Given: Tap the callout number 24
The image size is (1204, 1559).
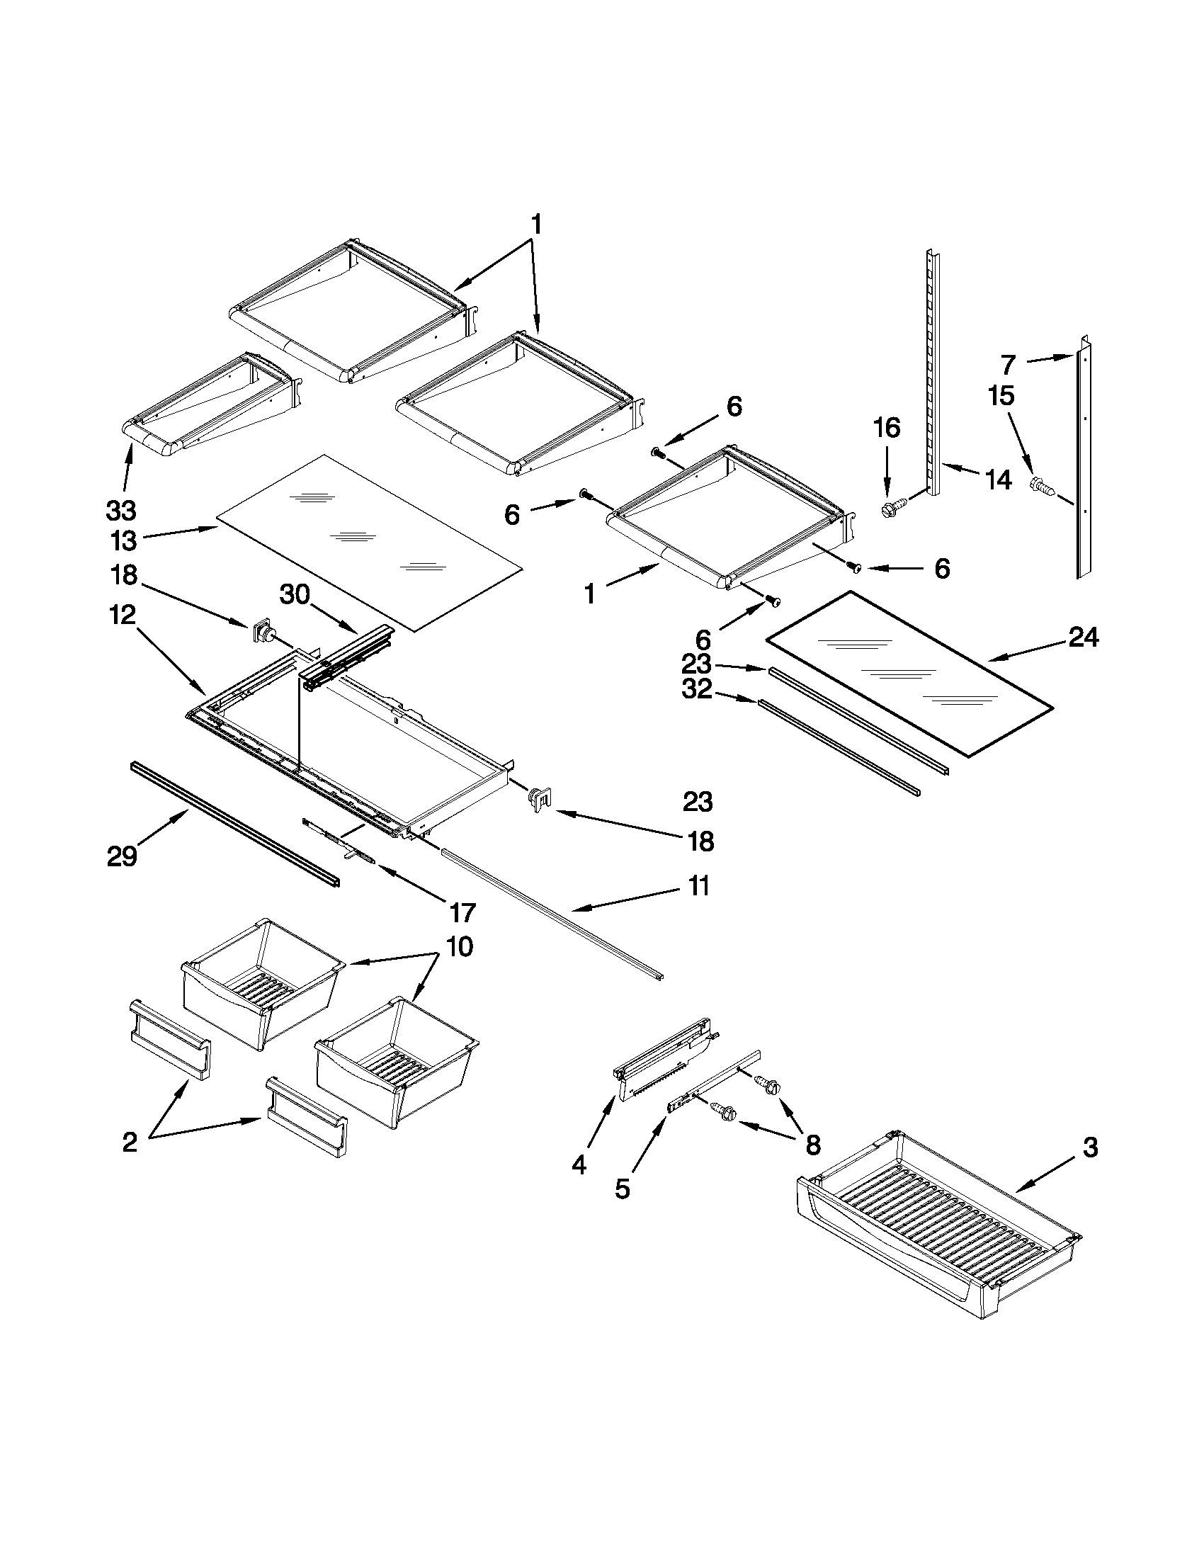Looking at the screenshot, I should [x=1083, y=637].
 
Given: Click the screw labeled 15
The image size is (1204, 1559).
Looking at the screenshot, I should [x=1043, y=486].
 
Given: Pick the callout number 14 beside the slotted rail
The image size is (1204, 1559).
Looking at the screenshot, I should [x=997, y=480].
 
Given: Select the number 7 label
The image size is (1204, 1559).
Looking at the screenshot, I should [x=1007, y=365].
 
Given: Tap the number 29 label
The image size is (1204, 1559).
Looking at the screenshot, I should [x=121, y=855].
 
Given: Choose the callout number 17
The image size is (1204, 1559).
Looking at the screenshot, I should [x=462, y=912].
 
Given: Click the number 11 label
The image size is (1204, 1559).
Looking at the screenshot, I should [x=699, y=886].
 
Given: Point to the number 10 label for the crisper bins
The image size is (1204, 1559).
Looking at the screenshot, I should [x=460, y=947].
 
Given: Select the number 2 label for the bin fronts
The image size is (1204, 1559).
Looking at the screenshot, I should [x=129, y=1142].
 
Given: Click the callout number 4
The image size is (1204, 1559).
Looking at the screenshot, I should [x=579, y=1165].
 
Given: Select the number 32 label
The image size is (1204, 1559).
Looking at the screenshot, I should [x=697, y=690].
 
